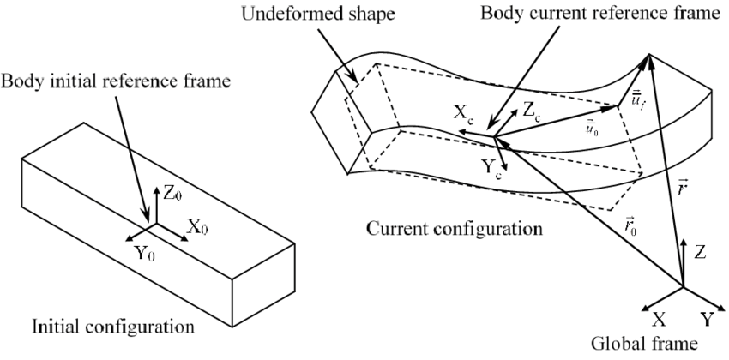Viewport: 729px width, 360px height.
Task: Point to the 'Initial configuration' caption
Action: point(111,327)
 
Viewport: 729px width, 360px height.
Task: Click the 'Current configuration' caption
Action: point(455,230)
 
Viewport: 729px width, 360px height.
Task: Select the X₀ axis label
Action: point(196,228)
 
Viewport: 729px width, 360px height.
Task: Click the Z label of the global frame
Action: point(701,253)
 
